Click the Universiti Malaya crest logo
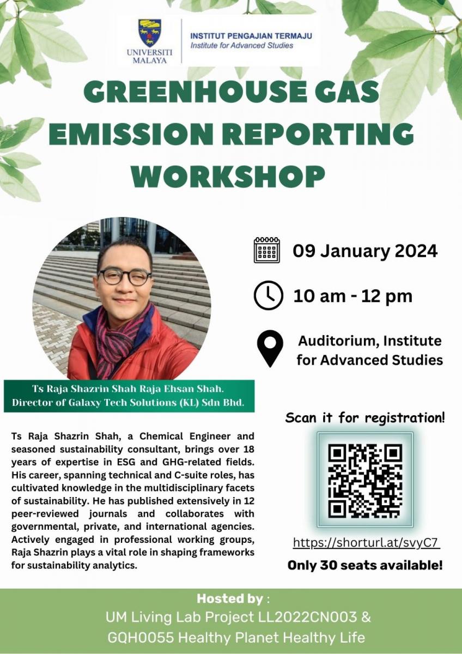149,33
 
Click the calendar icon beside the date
267,250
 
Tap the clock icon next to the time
268,296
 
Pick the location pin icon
270,349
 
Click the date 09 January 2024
365,251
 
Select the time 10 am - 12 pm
352,296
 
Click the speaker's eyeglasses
125,276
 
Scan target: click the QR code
365,480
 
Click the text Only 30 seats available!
365,565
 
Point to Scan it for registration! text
365,418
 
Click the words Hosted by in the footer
229,598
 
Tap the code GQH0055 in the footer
132,637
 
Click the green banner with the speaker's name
129,396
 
